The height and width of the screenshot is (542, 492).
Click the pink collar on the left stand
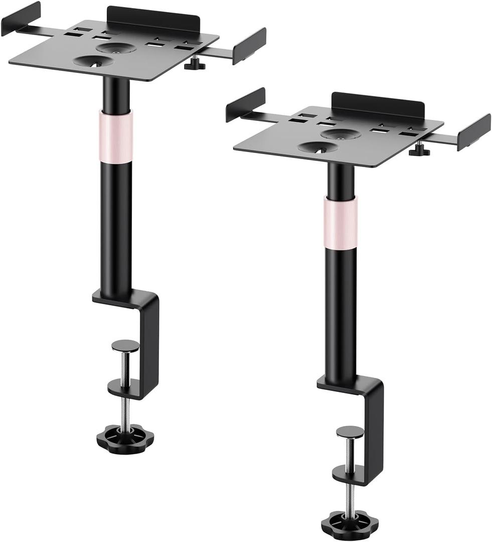coord(116,137)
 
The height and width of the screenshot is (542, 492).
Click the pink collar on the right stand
coord(341,222)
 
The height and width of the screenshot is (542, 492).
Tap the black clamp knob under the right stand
coord(350,524)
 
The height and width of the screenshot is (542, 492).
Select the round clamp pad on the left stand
coord(125,345)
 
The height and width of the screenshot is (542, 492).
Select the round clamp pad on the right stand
coord(350,432)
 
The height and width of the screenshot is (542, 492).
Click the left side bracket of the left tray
coord(21,19)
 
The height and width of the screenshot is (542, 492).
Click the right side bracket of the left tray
coord(249,46)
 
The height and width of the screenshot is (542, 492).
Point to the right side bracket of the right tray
coord(474,132)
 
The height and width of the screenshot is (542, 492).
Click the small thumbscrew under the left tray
coord(195,64)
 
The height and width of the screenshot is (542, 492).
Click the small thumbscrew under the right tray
coord(419,150)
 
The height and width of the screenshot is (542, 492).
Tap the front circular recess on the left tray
coord(94,61)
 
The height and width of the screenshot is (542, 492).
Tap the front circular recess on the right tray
coord(318,147)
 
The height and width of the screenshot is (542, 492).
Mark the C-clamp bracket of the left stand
coord(145,331)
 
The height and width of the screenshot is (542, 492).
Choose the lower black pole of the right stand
coord(341,311)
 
